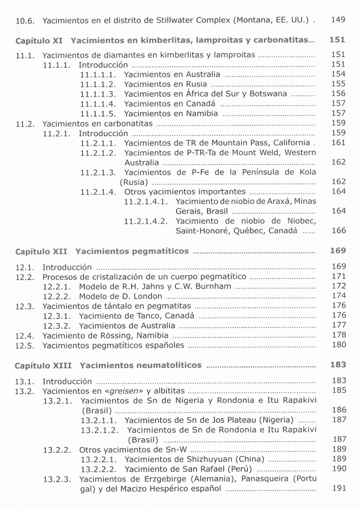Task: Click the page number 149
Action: pos(338,20)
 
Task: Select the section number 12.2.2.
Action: pos(58,296)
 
